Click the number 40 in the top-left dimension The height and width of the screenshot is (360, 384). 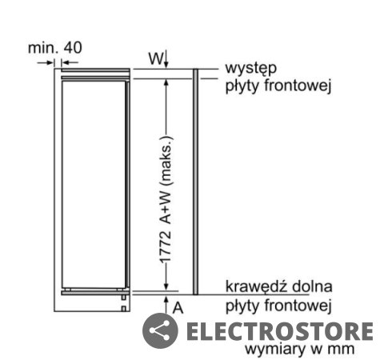coord(73,48)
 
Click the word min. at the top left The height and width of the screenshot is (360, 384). coord(43,48)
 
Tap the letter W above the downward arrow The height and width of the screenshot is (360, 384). coord(155,58)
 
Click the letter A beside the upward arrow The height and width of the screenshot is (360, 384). coord(178,308)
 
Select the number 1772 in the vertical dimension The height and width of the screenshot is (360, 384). coord(166,247)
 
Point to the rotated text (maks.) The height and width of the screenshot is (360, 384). coord(166,161)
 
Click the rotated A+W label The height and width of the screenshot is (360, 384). coord(166,207)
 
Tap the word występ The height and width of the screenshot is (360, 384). coord(251,69)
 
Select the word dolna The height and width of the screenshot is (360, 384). coord(312,286)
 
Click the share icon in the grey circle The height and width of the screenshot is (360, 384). coord(160,331)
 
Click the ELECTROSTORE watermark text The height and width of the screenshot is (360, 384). coord(279,331)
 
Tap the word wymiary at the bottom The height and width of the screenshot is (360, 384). coord(275,350)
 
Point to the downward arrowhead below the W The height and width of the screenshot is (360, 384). coord(166,65)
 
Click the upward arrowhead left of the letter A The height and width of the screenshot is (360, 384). coord(166,299)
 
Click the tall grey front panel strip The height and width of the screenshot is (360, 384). coord(195,182)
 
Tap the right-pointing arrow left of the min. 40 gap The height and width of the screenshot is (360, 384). coord(46,63)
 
